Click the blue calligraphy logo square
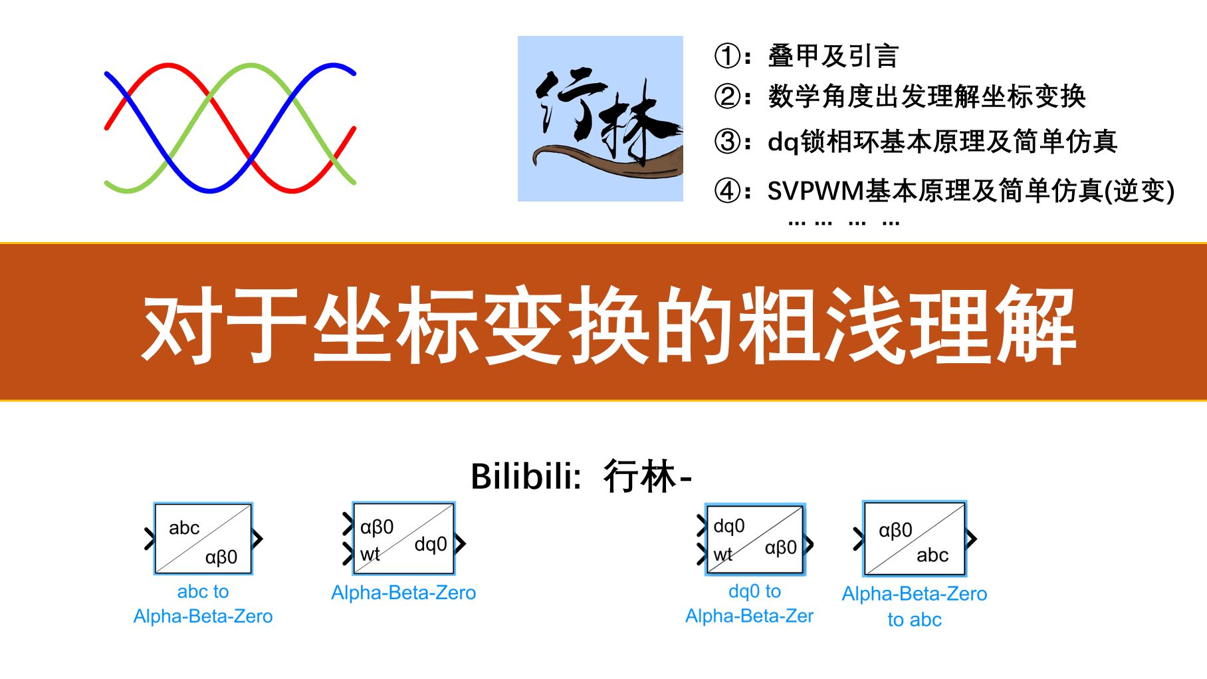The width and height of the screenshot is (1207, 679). pos(600,118)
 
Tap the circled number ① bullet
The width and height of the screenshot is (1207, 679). pos(728,56)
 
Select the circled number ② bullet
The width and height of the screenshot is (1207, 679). pos(728,96)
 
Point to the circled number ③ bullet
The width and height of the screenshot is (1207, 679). pos(728,141)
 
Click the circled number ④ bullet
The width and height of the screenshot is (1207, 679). pos(728,191)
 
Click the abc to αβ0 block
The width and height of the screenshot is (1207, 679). pos(203,539)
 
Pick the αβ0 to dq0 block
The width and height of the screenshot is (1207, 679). pos(403,539)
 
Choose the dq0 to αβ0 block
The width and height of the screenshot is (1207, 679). pos(754,539)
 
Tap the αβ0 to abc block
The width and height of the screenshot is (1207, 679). pos(915,539)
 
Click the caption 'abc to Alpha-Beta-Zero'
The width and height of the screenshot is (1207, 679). pos(203,604)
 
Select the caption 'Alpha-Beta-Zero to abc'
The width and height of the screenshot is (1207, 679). pos(915,607)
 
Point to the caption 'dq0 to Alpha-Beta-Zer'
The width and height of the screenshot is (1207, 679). pos(750,604)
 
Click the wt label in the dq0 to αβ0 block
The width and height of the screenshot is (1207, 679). pos(723,555)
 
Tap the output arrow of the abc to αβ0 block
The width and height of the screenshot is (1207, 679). pos(258,539)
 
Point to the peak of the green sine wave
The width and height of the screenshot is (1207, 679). pos(251,65)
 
